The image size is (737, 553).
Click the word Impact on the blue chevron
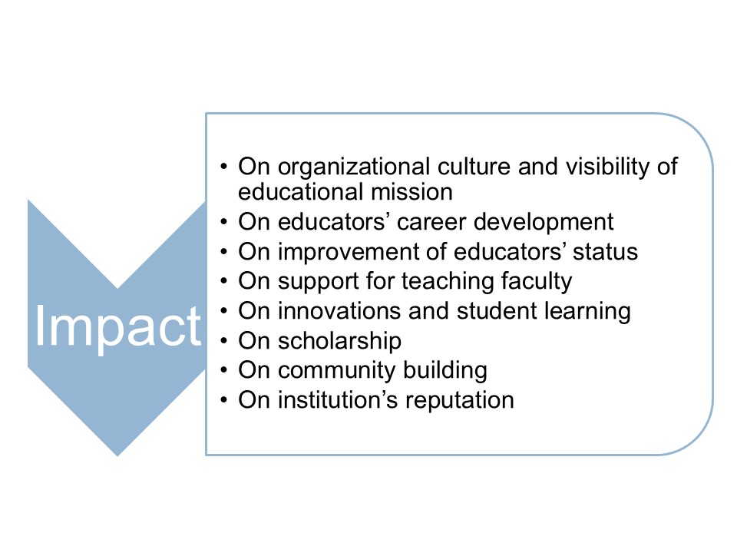pyautogui.click(x=117, y=328)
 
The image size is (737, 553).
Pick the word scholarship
pyautogui.click(x=339, y=341)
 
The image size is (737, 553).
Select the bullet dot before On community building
pyautogui.click(x=223, y=371)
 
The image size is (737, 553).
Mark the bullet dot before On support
pyautogui.click(x=223, y=282)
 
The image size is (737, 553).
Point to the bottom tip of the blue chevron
pyautogui.click(x=117, y=455)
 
